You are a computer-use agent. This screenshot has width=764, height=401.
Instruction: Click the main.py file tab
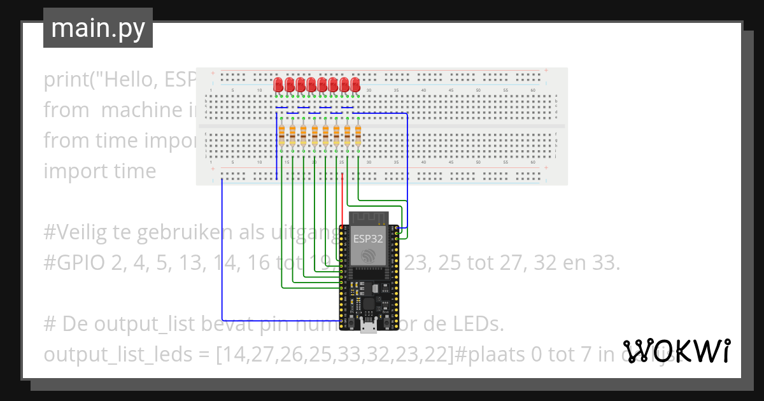point(97,28)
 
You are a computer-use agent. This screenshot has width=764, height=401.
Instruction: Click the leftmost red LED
point(279,85)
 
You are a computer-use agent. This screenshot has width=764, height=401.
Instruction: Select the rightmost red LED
point(355,85)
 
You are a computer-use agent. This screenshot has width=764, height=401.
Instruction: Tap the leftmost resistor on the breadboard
point(281,136)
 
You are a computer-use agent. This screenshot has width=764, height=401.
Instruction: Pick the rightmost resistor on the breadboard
point(358,136)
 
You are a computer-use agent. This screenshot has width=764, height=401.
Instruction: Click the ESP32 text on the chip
point(368,239)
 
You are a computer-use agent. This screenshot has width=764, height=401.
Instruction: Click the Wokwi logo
point(676,351)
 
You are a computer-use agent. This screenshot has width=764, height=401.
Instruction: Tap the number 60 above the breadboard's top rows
point(534,91)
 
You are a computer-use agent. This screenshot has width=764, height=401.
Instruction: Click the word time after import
point(133,171)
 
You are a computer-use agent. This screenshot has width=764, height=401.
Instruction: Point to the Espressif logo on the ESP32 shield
point(368,256)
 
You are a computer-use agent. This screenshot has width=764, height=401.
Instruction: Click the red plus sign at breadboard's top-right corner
point(546,70)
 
